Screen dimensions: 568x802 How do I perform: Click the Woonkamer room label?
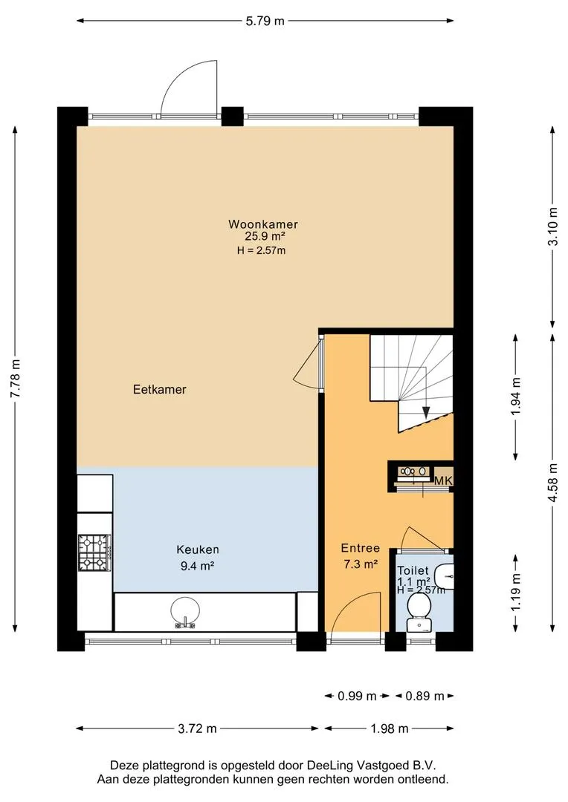pos(263,224)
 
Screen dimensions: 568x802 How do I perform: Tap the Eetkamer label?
pos(159,389)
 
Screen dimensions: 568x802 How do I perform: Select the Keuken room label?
pos(198,550)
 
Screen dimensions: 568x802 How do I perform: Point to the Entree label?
pos(361,548)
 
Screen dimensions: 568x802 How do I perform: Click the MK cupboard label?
pos(443,480)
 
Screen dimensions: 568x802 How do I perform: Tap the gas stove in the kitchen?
pos(94,552)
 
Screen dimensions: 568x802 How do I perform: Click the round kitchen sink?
pos(185,612)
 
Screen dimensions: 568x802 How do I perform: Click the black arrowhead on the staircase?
pos(426,411)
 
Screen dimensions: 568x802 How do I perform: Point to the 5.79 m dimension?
pos(265,21)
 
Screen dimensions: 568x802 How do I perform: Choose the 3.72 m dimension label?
pos(197,728)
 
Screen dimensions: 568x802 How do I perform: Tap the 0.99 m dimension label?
pos(357,696)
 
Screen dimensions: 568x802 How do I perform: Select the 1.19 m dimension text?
pos(516,591)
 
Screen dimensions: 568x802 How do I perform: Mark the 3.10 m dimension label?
pos(552,226)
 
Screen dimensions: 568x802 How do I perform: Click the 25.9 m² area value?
pos(264,237)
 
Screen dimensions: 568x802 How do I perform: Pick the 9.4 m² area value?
pos(197,566)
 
